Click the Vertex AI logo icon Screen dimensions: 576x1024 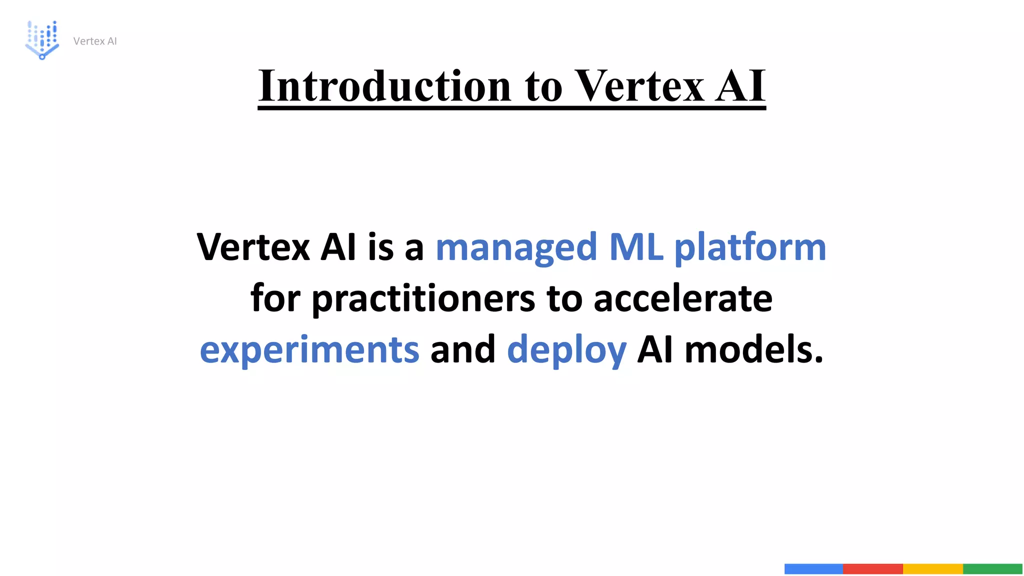(x=42, y=40)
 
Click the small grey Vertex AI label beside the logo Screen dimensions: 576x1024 (x=95, y=41)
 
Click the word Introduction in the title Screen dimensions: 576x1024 (x=384, y=86)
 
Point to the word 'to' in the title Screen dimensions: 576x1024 (x=543, y=86)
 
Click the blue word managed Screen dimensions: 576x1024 (x=516, y=247)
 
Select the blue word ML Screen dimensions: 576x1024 (x=636, y=247)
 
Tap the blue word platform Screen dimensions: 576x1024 (x=750, y=247)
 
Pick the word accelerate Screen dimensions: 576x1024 (x=682, y=299)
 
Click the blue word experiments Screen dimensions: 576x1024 (x=309, y=350)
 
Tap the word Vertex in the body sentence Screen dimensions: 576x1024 (x=253, y=247)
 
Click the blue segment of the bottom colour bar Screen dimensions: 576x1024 (x=813, y=568)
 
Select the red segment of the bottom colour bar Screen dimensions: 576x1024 (x=872, y=568)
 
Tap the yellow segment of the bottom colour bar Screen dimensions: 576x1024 (x=932, y=568)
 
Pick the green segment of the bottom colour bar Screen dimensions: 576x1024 (x=992, y=568)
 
